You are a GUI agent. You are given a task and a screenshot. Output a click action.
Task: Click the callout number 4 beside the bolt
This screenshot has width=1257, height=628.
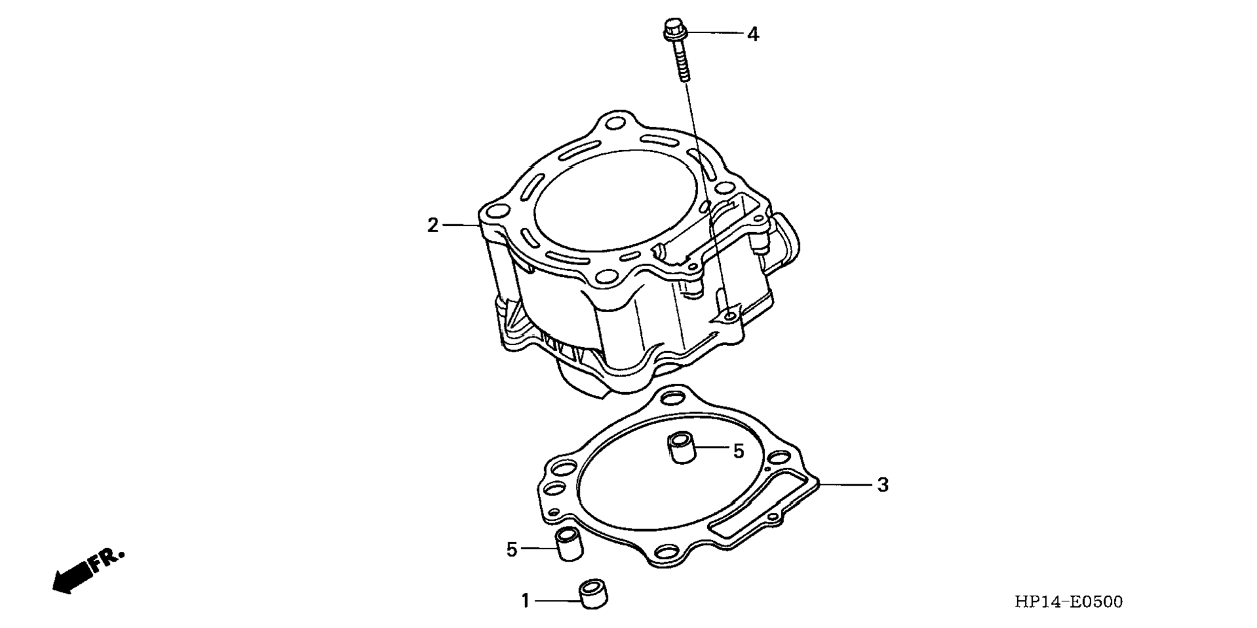(x=753, y=34)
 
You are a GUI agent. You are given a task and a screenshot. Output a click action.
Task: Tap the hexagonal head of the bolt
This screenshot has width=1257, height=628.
(x=673, y=29)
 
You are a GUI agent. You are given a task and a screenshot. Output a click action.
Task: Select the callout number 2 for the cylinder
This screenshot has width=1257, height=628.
(x=433, y=226)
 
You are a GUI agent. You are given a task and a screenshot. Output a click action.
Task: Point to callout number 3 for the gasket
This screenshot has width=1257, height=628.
(x=882, y=485)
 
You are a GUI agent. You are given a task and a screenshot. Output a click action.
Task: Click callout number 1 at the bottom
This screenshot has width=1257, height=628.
(x=525, y=601)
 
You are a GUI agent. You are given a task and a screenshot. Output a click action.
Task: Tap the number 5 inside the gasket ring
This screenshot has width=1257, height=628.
(x=738, y=451)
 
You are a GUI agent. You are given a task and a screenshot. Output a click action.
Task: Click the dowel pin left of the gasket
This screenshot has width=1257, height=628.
(x=568, y=543)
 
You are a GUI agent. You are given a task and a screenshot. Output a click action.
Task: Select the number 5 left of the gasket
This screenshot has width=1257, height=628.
(x=512, y=550)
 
